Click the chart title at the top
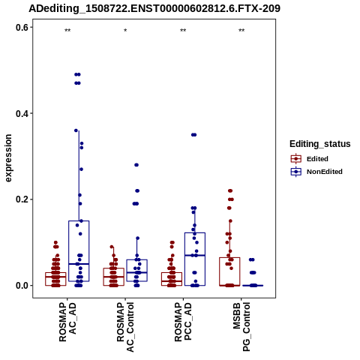pos(154,8)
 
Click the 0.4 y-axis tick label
pos(22,113)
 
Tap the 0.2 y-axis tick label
pos(22,199)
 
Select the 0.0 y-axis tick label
pos(22,286)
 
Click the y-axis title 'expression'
pos(8,158)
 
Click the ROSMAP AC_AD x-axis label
pos(67,322)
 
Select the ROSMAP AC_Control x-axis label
pos(125,327)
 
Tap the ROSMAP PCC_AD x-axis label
pos(183,322)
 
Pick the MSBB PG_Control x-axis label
pos(241,327)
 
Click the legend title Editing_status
pos(320,144)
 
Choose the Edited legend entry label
pos(317,159)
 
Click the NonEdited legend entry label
pos(325,172)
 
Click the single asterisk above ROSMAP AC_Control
pos(125,31)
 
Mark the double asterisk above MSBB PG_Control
pos(241,31)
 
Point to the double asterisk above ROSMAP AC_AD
pos(67,31)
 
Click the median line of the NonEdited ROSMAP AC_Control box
pos(136,272)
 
